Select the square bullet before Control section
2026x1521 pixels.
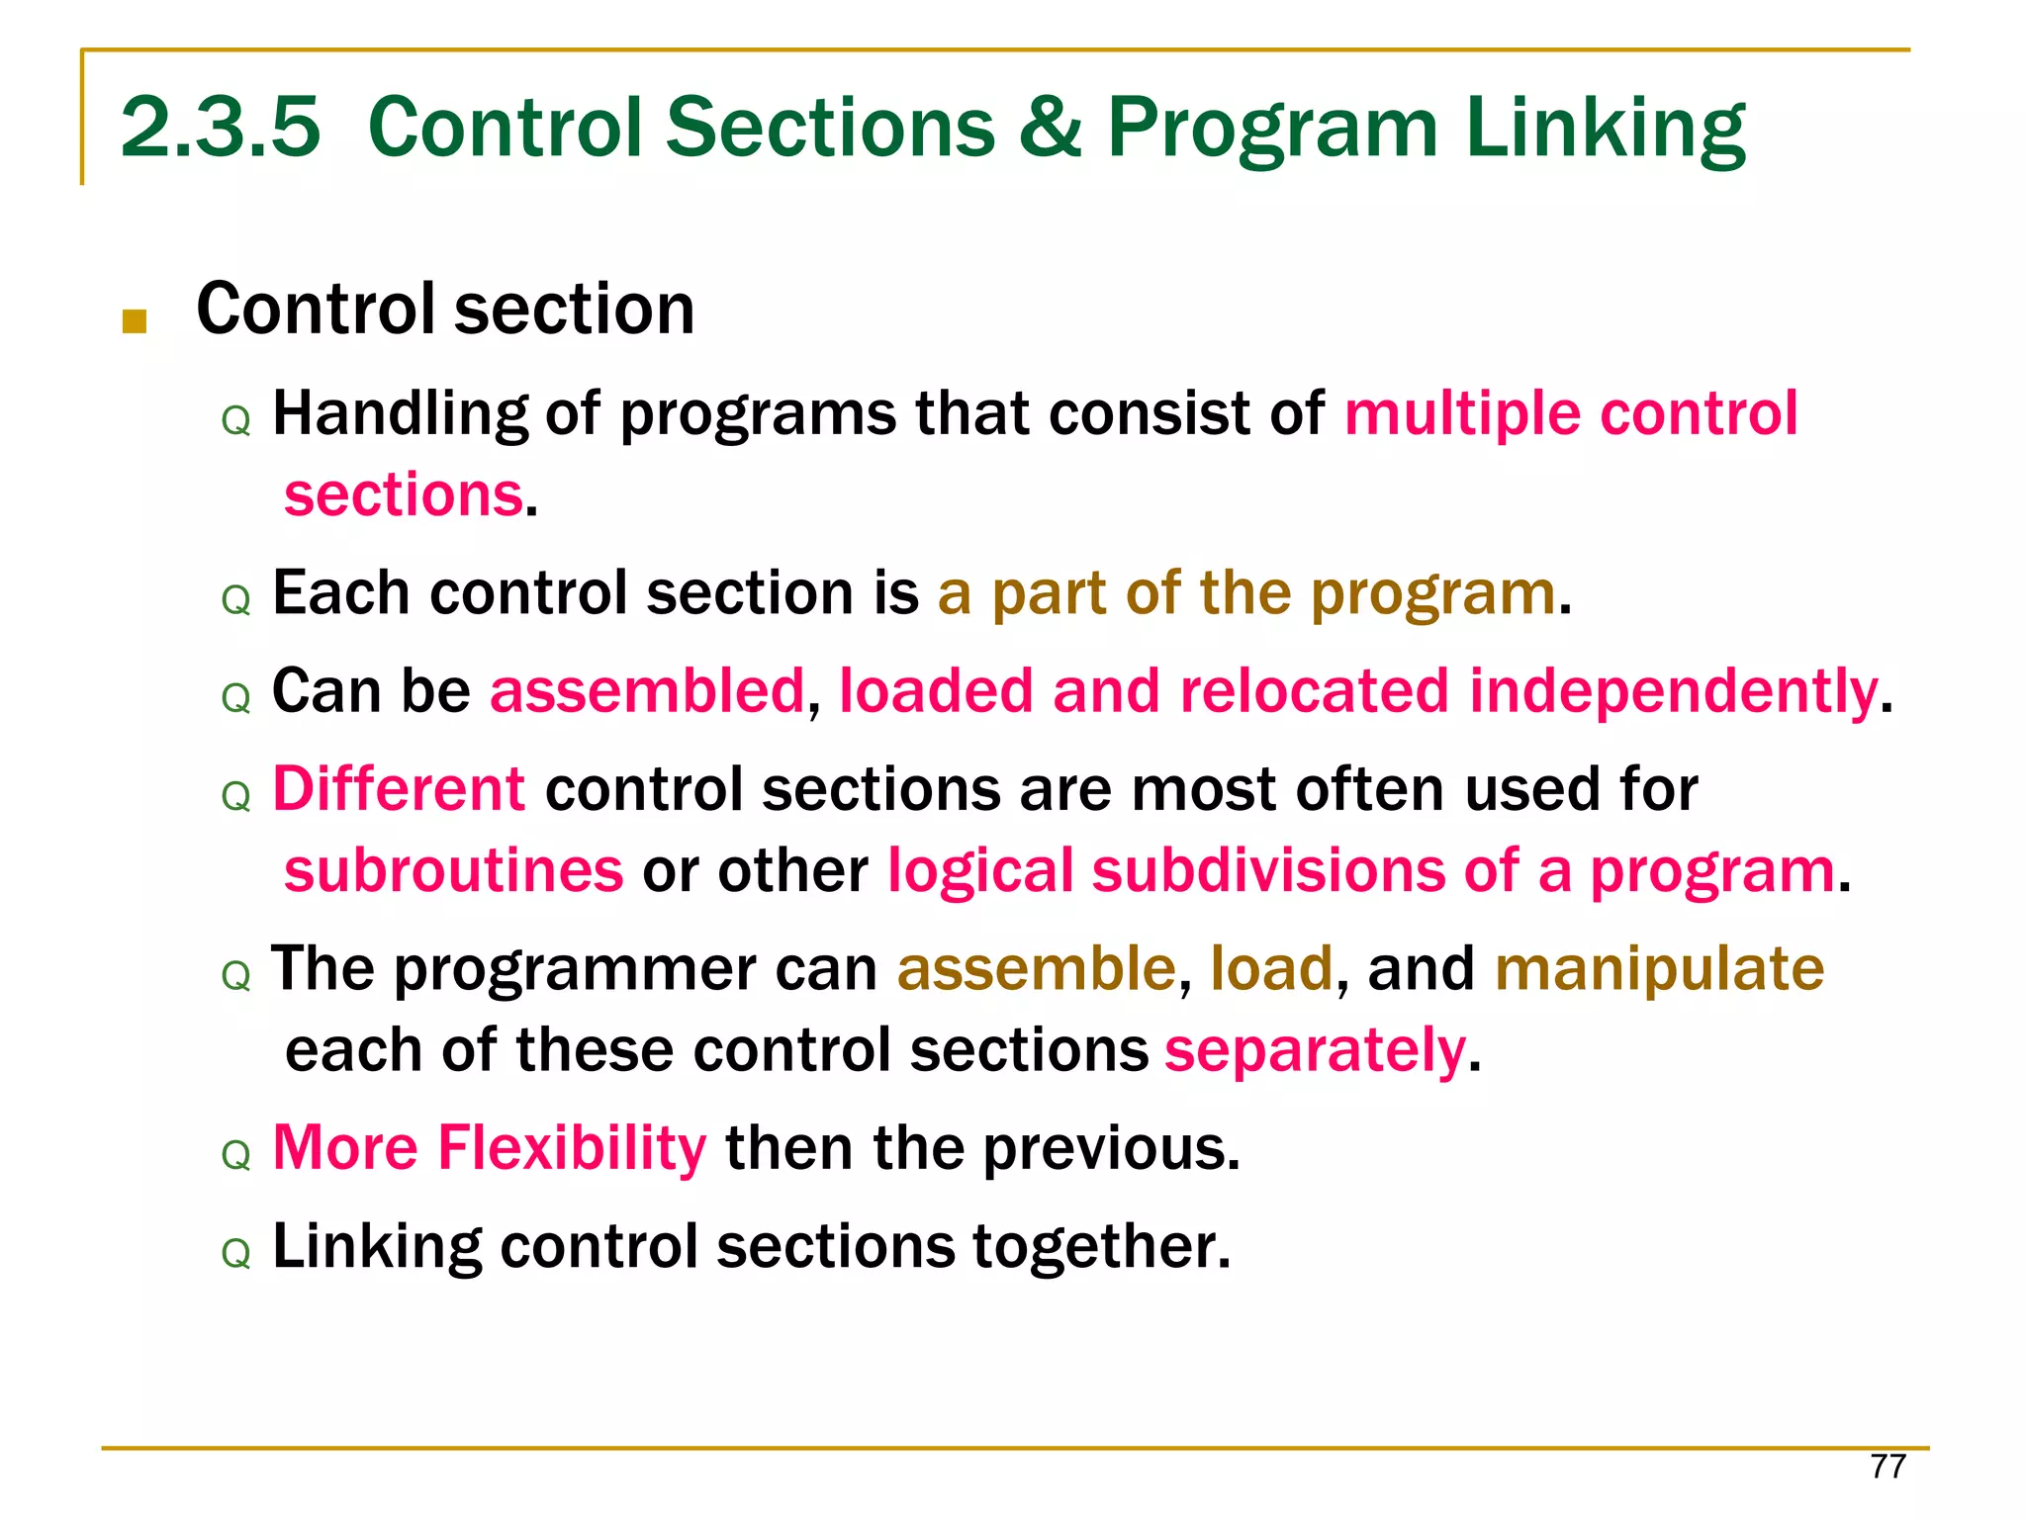coord(135,321)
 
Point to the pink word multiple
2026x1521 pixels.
coord(1462,413)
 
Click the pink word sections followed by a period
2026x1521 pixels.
coord(404,494)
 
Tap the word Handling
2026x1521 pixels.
coord(400,413)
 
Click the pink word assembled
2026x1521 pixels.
coord(648,690)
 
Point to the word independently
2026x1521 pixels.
coord(1673,690)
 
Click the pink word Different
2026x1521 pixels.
coord(398,789)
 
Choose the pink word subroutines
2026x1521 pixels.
coord(453,870)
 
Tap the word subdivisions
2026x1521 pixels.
coord(1269,870)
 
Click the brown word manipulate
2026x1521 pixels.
coord(1659,968)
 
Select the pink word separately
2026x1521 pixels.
coord(1315,1049)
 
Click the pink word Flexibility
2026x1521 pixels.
coord(572,1148)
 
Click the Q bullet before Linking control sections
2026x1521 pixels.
coord(236,1254)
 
